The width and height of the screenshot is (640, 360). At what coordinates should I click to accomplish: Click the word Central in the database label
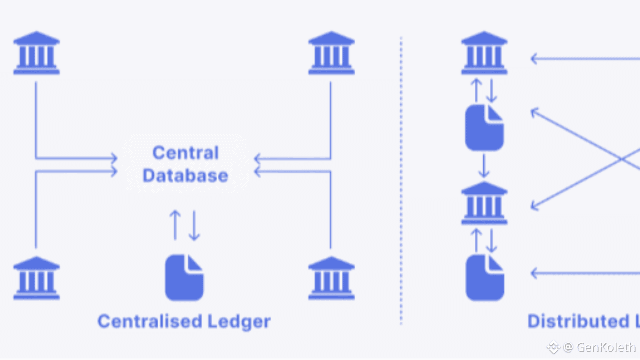(185, 153)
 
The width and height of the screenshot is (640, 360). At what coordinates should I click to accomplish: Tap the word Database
(185, 176)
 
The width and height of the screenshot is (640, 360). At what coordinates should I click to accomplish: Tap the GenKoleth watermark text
(606, 347)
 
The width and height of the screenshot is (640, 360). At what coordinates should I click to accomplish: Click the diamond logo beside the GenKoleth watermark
(553, 347)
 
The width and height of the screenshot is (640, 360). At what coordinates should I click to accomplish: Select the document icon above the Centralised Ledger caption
(184, 278)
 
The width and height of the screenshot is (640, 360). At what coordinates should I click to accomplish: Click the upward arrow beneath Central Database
(175, 225)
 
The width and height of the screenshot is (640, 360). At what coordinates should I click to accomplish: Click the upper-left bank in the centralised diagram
(36, 53)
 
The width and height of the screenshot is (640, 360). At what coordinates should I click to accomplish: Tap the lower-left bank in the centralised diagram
(36, 278)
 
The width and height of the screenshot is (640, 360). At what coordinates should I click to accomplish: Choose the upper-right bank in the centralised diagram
(331, 53)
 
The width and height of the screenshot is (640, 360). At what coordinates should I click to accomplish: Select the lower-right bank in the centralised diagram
(331, 278)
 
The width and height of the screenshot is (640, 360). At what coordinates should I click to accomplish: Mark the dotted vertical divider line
(401, 180)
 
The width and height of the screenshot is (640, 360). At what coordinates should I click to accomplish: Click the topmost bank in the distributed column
(484, 53)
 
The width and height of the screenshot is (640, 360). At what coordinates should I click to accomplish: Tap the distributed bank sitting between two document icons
(484, 203)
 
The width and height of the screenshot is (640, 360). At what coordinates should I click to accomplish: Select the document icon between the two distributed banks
(484, 128)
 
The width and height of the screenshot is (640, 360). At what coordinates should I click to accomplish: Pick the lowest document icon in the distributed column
(484, 278)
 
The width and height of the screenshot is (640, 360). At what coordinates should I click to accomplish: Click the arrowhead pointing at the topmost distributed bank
(534, 59)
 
